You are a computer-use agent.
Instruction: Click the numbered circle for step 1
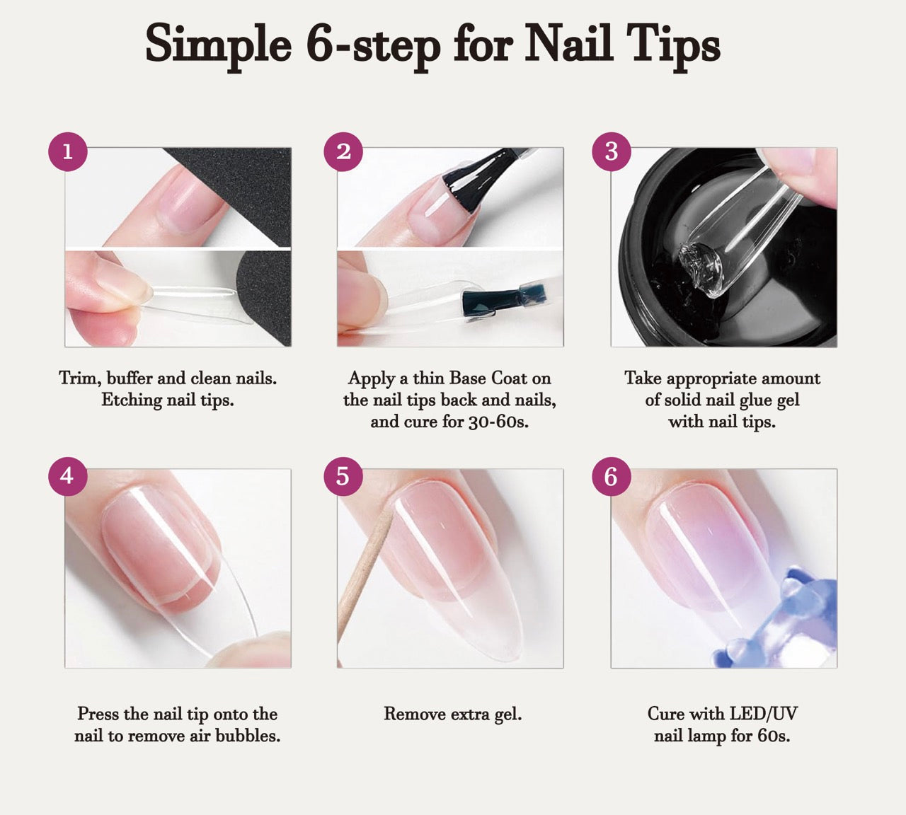[68, 151]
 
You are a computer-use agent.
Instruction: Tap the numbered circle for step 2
[344, 151]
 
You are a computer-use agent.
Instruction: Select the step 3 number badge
[612, 151]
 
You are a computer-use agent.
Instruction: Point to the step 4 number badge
[68, 476]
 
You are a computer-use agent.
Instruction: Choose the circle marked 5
[343, 476]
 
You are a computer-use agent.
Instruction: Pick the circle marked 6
[612, 476]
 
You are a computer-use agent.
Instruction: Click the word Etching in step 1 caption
[132, 400]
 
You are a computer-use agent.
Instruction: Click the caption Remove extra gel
[452, 715]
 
